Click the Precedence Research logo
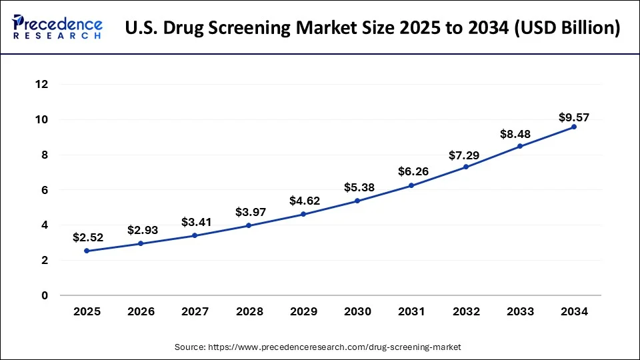[57, 28]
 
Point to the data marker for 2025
[87, 251]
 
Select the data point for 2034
[574, 127]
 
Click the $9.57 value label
[574, 117]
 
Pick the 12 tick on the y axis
[41, 85]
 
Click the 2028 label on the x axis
[249, 311]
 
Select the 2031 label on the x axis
[411, 311]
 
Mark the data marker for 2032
[466, 167]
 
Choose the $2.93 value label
[141, 230]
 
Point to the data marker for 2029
[303, 214]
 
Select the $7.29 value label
[466, 155]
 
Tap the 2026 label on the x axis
[141, 311]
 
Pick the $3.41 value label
[196, 222]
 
